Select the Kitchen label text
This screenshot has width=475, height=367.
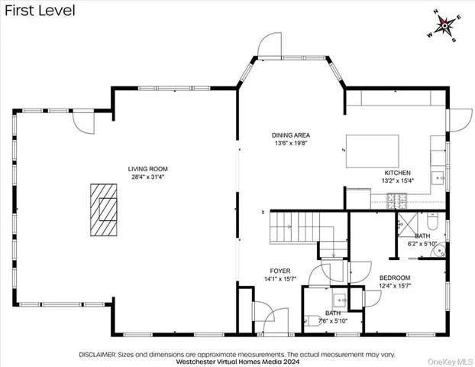[x=397, y=173]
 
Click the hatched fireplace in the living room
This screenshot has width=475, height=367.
[x=104, y=210]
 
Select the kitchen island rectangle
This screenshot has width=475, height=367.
[x=373, y=151]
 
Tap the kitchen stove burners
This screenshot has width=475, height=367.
[x=396, y=201]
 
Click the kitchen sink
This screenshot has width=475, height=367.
[x=438, y=178]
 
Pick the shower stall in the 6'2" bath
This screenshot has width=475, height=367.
[x=408, y=225]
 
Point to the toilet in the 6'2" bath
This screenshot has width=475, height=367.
[x=432, y=221]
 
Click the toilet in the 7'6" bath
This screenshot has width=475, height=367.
[x=312, y=320]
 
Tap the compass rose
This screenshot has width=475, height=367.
[x=444, y=26]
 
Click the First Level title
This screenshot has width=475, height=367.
[x=40, y=11]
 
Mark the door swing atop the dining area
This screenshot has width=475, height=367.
[x=270, y=44]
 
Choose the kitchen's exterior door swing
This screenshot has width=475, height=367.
[x=460, y=120]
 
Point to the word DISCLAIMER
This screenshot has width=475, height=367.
[x=97, y=355]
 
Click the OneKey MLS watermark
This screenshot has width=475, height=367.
[x=450, y=362]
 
